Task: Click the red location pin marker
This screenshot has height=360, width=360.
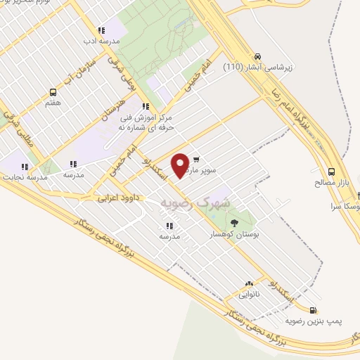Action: pos(181,165)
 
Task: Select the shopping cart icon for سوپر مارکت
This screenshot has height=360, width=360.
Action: pos(195,159)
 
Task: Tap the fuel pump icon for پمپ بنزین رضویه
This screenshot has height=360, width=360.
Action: pos(313,309)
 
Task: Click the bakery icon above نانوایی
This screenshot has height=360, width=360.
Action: pos(248,283)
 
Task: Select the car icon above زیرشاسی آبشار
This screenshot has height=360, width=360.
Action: pos(258,56)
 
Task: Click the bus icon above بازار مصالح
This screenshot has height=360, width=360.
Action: pos(331,172)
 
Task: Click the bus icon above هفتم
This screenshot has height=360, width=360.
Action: pos(53,92)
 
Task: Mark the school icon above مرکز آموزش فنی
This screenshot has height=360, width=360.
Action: pos(146,107)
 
